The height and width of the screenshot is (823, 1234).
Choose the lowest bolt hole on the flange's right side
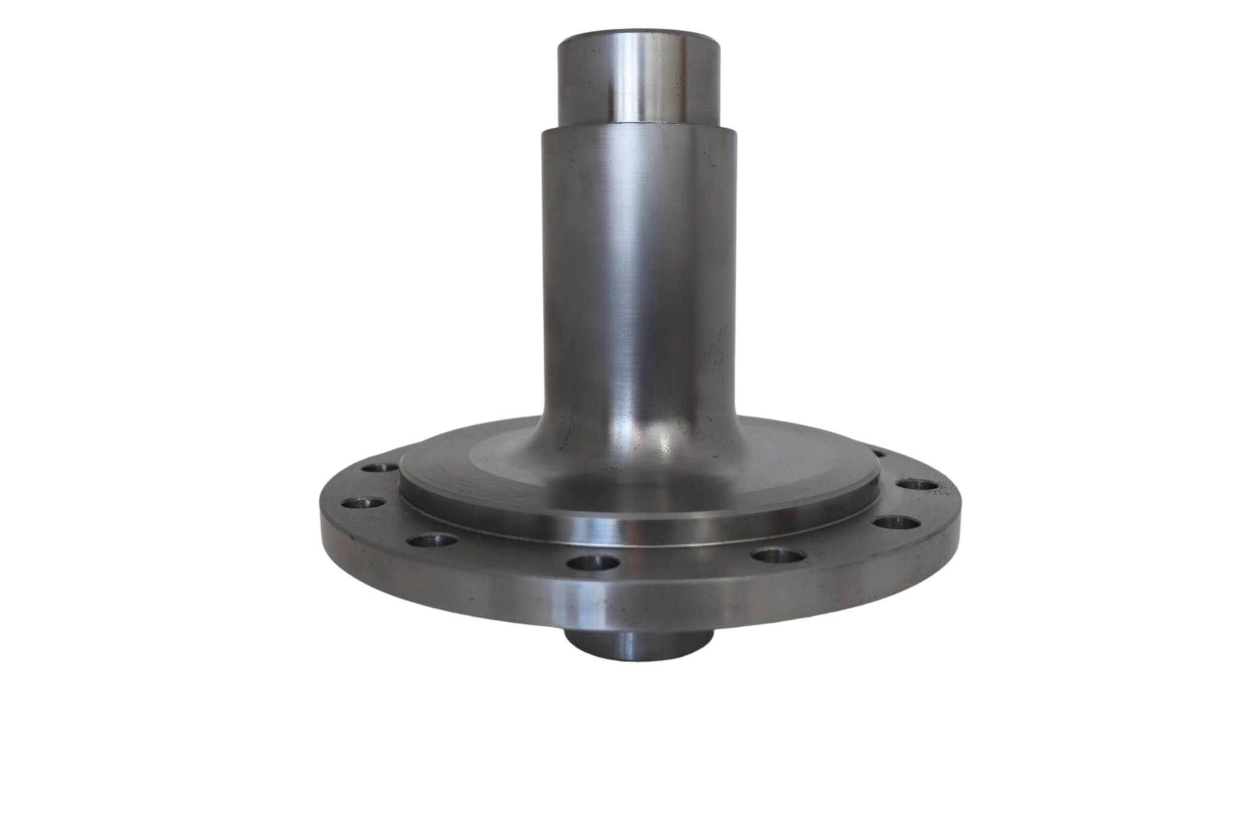pos(891,523)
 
